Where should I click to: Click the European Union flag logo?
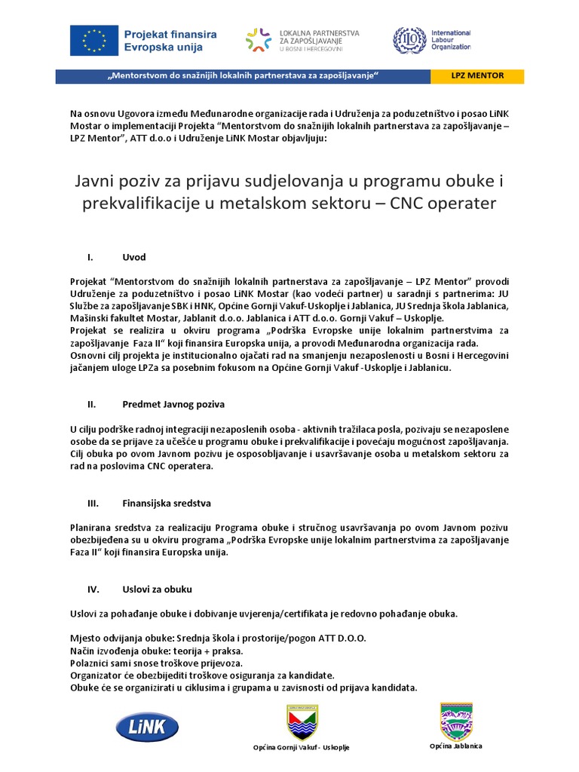[94, 40]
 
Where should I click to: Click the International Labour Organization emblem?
[409, 40]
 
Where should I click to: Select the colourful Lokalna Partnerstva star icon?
[259, 40]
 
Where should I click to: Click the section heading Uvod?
[133, 257]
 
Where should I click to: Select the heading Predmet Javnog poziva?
[173, 404]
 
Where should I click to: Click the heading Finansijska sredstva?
[167, 502]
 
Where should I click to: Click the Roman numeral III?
[94, 502]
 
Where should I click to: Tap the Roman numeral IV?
[94, 589]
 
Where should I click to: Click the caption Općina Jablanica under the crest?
[456, 746]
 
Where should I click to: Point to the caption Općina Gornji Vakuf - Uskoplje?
[301, 747]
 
